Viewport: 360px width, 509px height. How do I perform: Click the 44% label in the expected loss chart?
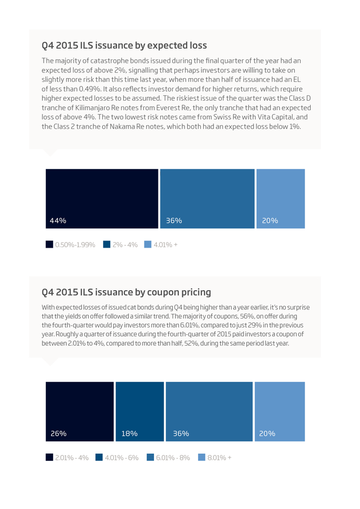58,221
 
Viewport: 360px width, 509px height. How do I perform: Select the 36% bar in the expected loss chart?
207,199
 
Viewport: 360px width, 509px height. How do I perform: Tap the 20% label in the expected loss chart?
270,221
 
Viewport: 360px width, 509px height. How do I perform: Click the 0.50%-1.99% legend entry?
71,245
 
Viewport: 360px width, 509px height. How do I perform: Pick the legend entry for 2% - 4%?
121,245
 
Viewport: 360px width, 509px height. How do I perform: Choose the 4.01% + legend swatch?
148,244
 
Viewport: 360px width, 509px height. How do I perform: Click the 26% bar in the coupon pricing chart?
80,412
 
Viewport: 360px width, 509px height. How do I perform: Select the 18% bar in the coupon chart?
140,412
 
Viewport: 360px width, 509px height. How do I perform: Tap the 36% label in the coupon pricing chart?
181,434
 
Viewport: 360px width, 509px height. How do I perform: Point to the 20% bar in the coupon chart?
280,412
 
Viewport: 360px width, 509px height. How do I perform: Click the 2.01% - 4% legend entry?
67,458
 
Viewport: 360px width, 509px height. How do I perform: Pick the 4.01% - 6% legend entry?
117,458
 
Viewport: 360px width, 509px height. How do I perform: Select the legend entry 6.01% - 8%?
168,458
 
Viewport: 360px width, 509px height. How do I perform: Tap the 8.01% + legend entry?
215,458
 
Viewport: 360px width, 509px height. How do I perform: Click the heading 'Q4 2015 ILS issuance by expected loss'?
124,45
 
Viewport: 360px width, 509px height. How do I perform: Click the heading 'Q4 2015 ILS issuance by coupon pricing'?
126,292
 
